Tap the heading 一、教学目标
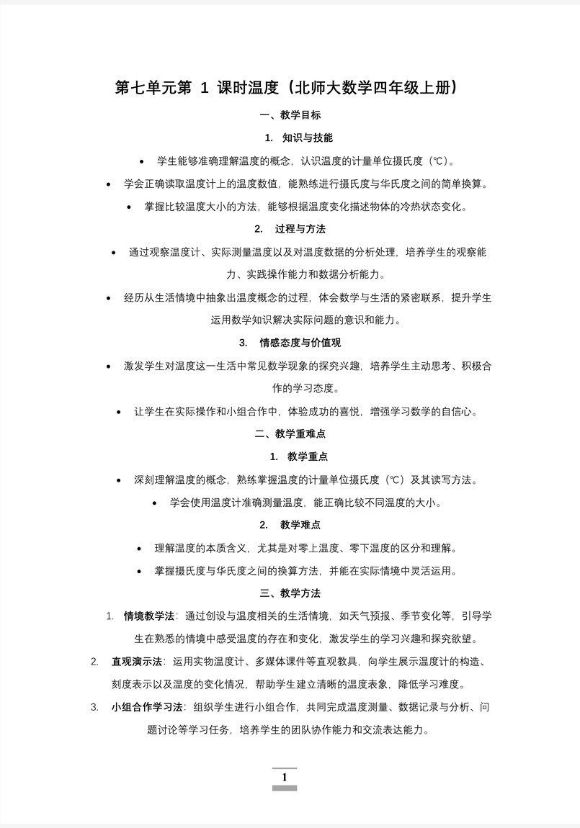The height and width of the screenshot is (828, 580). (x=290, y=114)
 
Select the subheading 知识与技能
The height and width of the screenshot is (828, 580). (x=307, y=138)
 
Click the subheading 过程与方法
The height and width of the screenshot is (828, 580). (x=300, y=229)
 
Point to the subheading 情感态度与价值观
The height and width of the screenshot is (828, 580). (x=300, y=343)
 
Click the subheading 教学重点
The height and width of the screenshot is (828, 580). (x=308, y=456)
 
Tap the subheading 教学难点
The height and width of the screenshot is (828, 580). (x=300, y=525)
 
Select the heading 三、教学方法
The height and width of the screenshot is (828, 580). (x=290, y=593)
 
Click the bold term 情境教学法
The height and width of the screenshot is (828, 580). (x=149, y=616)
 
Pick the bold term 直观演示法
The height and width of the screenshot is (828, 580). (x=137, y=662)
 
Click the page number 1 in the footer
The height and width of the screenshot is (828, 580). (x=285, y=777)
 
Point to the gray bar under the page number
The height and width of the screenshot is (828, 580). (x=285, y=788)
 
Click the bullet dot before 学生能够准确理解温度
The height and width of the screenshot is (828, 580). (x=141, y=161)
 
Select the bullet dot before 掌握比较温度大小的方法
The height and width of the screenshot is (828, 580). (x=129, y=207)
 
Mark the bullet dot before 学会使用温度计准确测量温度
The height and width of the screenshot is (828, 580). (x=155, y=503)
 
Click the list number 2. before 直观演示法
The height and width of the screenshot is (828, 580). (x=95, y=662)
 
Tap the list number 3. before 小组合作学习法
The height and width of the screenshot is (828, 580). (x=95, y=707)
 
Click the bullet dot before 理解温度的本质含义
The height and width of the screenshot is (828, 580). (x=139, y=549)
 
